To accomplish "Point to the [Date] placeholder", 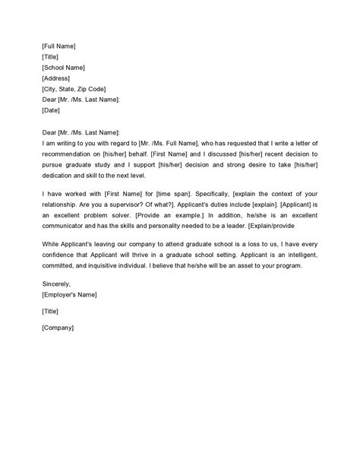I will pyautogui.click(x=52, y=109).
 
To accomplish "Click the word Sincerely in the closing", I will pyautogui.click(x=59, y=284).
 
